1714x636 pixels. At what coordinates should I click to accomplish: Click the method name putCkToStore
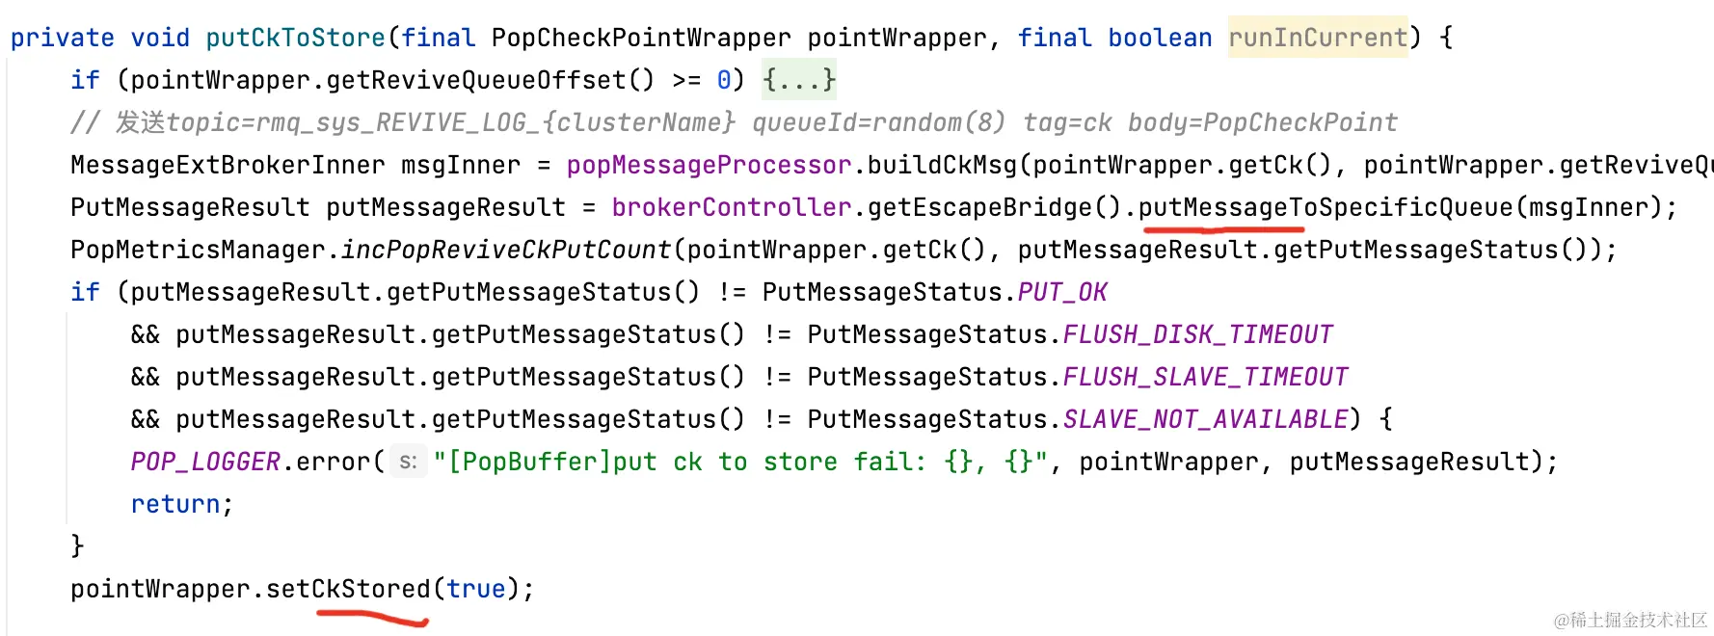tap(295, 38)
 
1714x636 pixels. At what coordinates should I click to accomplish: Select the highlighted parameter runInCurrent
tap(1317, 38)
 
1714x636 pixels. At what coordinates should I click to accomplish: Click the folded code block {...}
tap(799, 80)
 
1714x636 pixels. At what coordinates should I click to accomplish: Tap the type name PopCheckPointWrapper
tap(640, 38)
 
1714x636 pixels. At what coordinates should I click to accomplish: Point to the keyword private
tap(63, 38)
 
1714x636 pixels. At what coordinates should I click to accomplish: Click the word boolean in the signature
tap(1160, 38)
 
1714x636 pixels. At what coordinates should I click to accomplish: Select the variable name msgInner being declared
tap(461, 165)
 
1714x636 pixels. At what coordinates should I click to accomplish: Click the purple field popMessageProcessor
tap(709, 165)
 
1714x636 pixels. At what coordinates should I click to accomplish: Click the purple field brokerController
tap(732, 207)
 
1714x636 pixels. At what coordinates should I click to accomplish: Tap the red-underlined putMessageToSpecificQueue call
tap(1326, 207)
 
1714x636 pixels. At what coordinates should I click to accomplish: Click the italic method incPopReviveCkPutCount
tap(506, 250)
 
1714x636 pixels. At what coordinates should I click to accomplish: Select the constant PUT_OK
tap(1062, 292)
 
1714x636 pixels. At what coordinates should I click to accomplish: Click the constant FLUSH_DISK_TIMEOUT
tap(1197, 334)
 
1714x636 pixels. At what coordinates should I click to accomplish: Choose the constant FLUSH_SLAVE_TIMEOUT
tap(1205, 377)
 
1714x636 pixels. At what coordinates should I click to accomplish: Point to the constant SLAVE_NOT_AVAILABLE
tap(1205, 419)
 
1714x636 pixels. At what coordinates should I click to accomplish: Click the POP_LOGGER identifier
tap(205, 462)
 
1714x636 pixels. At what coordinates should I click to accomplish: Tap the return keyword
tap(175, 504)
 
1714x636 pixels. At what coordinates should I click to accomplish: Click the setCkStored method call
tap(348, 589)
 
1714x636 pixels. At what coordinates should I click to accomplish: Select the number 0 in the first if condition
tap(724, 80)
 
